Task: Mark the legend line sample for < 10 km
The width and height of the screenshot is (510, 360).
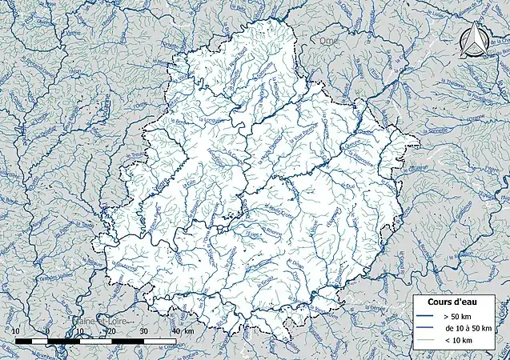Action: pyautogui.click(x=425, y=341)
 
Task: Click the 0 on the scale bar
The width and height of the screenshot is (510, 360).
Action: pyautogui.click(x=47, y=330)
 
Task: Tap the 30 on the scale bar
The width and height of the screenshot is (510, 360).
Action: pyautogui.click(x=143, y=330)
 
